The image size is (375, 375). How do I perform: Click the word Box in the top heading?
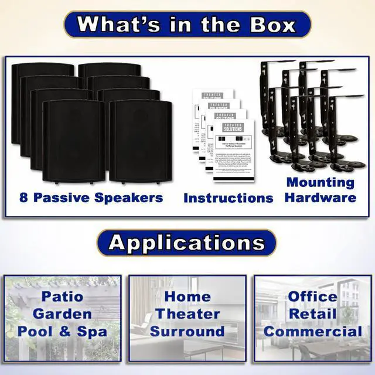267,25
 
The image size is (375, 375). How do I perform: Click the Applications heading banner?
187,242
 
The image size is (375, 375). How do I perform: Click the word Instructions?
228,198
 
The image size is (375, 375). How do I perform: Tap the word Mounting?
321,182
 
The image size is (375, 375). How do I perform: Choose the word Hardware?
321,197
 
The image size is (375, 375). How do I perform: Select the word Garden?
62,313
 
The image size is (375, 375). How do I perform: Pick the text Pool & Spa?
62,331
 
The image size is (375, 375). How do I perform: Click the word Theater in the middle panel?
187,313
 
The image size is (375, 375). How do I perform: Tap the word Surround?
187,331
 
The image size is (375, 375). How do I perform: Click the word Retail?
312,313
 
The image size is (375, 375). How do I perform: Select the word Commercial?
312,331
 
